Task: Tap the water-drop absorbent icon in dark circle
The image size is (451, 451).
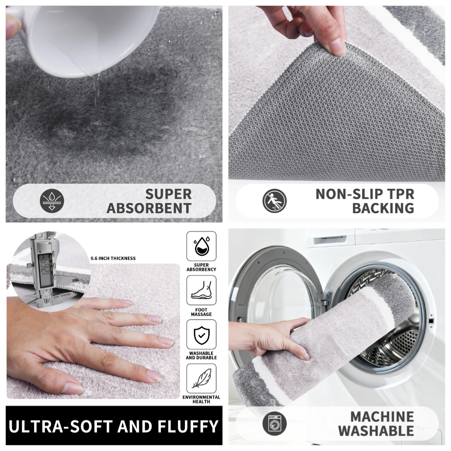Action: [52, 201]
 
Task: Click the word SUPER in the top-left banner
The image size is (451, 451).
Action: [168, 194]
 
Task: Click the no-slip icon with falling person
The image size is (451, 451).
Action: [274, 201]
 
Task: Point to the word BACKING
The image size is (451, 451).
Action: [383, 208]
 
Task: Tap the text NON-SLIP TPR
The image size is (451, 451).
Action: [365, 194]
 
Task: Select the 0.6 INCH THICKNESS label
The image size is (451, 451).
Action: [113, 258]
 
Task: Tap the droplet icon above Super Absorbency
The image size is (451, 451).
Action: [201, 246]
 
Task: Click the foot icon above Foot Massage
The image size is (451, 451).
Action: [201, 291]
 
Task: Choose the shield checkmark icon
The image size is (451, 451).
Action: [201, 334]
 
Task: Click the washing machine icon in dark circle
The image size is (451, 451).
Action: [274, 424]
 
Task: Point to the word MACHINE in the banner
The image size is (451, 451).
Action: [382, 417]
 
